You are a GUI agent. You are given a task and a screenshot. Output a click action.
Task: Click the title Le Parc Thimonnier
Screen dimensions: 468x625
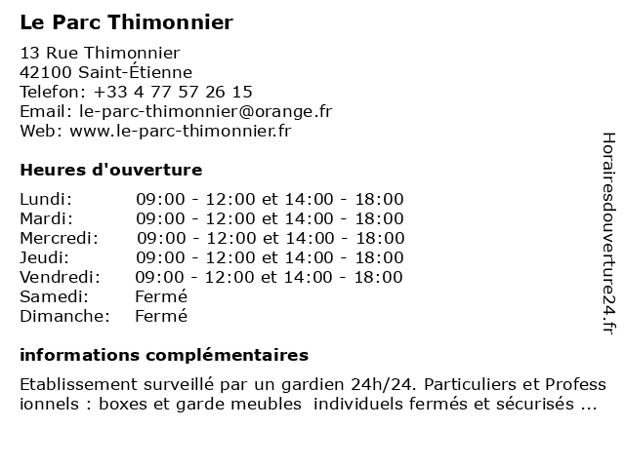(126, 22)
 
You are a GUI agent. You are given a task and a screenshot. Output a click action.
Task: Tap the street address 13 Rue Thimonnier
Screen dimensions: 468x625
(100, 53)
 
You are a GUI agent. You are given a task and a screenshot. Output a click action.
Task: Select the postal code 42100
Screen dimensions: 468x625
(45, 72)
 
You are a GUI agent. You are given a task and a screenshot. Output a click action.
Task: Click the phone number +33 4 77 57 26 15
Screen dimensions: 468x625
(173, 92)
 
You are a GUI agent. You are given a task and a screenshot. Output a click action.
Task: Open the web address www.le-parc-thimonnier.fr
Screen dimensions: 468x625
(181, 131)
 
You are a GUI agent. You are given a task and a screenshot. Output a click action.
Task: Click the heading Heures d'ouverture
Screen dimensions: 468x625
(110, 170)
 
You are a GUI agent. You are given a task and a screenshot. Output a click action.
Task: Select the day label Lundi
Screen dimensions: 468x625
(45, 199)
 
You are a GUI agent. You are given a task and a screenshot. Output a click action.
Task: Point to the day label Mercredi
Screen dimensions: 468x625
(59, 238)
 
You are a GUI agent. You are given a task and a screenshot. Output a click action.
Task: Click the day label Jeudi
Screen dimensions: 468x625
(44, 257)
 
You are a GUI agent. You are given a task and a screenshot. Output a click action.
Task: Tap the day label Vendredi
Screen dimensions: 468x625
(61, 277)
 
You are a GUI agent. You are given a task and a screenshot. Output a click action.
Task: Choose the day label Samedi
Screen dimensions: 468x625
(54, 296)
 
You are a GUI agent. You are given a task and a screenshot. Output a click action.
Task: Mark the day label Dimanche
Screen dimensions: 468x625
(63, 316)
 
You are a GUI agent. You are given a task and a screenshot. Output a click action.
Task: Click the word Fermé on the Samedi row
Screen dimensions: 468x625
(160, 296)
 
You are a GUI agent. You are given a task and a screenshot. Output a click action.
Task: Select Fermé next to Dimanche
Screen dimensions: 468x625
(160, 316)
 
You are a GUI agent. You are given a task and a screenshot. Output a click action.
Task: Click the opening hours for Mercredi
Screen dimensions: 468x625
(270, 238)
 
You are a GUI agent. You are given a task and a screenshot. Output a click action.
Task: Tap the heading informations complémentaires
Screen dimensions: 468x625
(164, 354)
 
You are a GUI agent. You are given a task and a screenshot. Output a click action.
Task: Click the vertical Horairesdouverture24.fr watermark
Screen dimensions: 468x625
(607, 234)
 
